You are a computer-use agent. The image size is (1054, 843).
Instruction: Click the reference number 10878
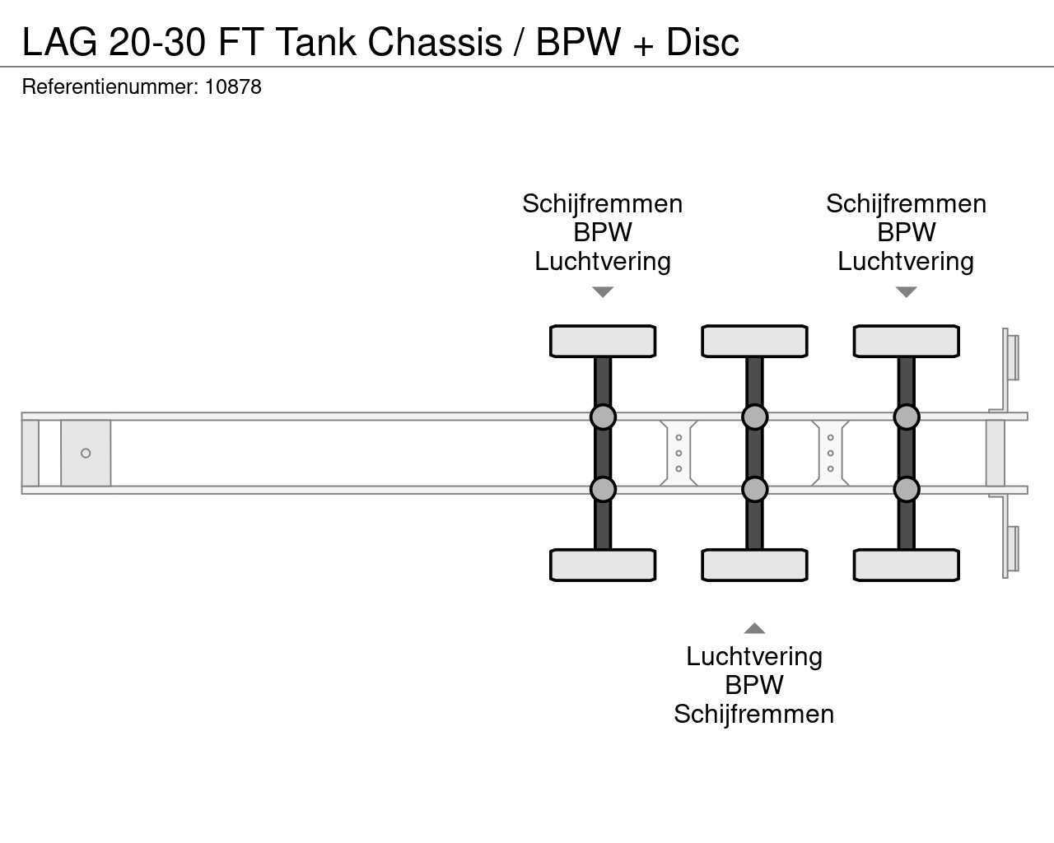click(233, 87)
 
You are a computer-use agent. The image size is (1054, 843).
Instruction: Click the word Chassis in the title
click(435, 42)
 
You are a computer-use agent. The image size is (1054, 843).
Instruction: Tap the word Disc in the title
click(702, 42)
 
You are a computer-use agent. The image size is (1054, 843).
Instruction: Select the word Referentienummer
click(110, 87)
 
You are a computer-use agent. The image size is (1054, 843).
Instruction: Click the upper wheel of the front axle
click(603, 342)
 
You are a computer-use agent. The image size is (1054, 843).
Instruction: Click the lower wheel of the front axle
click(603, 566)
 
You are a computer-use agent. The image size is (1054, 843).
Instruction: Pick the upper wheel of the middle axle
click(754, 342)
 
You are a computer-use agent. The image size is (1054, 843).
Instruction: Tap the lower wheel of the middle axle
click(754, 566)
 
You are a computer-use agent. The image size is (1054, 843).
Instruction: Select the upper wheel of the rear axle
click(906, 342)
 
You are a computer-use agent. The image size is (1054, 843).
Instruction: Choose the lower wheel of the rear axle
click(906, 566)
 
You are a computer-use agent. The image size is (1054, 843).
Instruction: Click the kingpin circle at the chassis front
click(86, 454)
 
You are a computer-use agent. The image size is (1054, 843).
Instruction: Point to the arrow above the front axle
click(603, 292)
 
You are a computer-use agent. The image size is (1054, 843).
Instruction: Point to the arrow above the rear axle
click(906, 292)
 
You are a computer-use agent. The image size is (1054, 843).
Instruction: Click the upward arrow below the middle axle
click(754, 628)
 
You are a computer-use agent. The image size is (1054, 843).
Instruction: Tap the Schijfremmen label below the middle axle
click(753, 715)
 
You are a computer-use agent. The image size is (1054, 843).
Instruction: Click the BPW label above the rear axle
click(906, 232)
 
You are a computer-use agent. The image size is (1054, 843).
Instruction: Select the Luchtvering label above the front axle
click(603, 262)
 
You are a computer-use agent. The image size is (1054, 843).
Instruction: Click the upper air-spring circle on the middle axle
click(754, 417)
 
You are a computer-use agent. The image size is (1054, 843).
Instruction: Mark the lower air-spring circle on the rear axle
click(906, 489)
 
